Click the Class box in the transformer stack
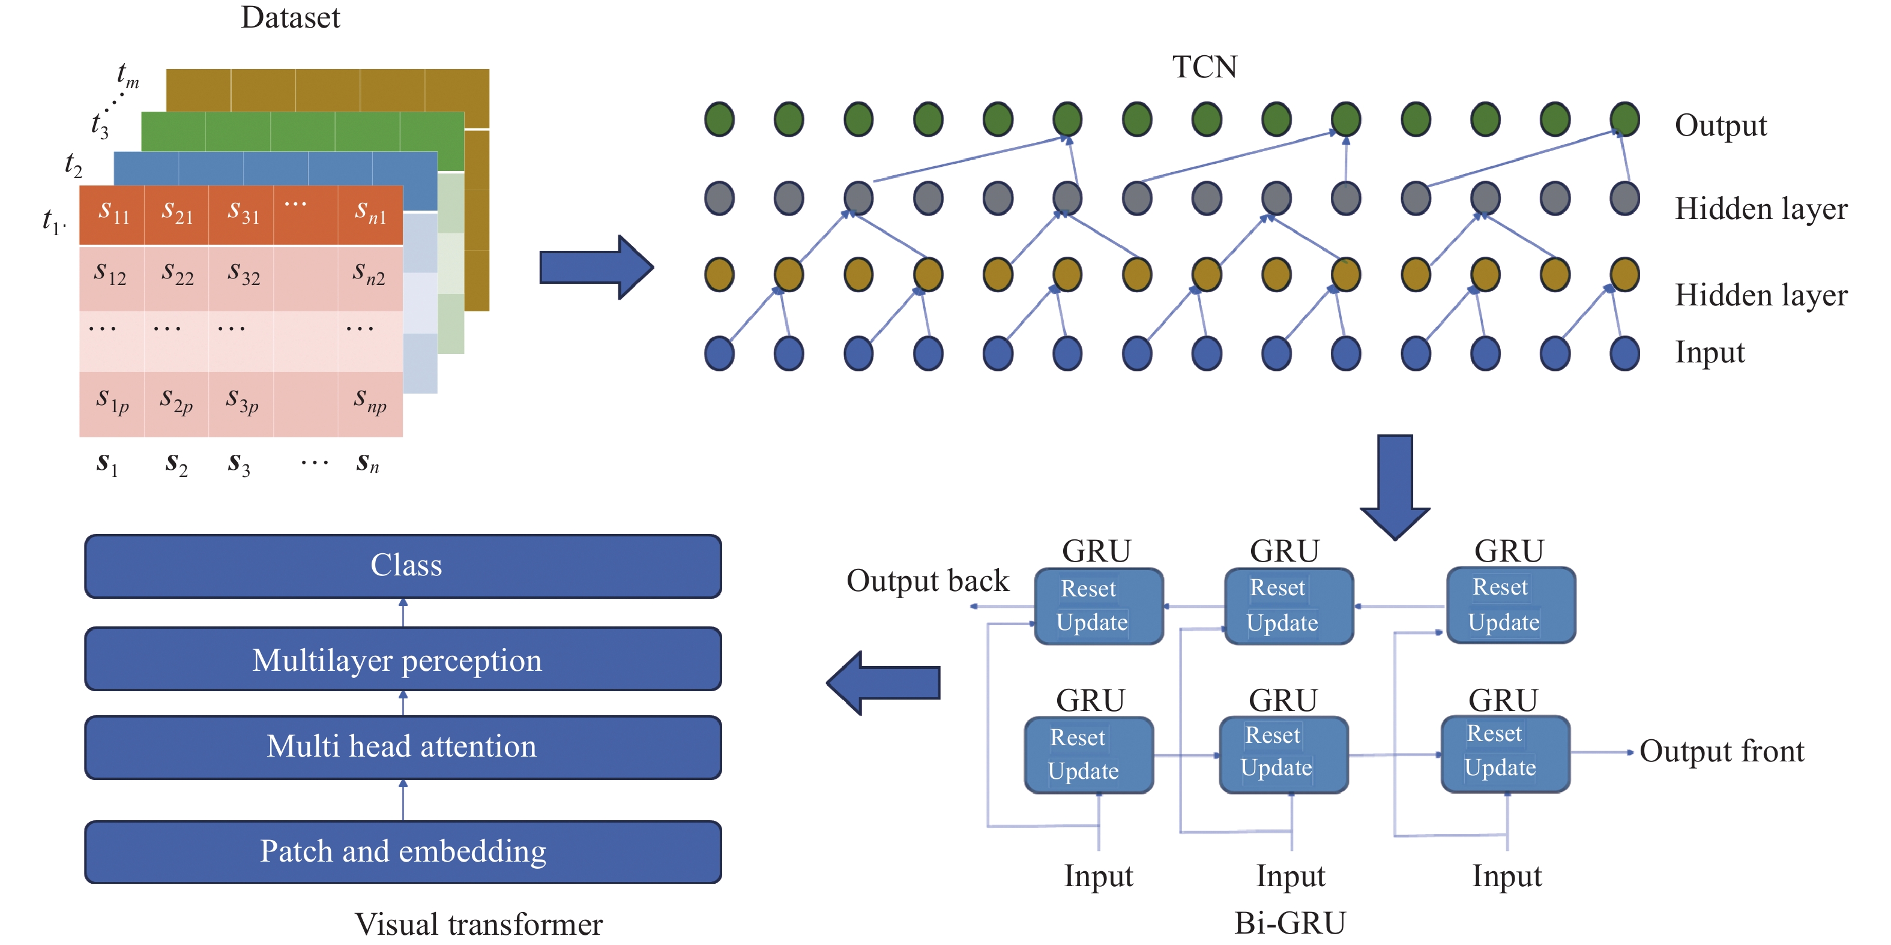pyautogui.click(x=403, y=566)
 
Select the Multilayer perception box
pyautogui.click(x=403, y=659)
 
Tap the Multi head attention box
pyautogui.click(x=403, y=747)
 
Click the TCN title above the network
pyautogui.click(x=1204, y=67)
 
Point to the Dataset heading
pyautogui.click(x=291, y=17)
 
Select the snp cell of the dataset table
pyautogui.click(x=370, y=401)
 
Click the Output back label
pyautogui.click(x=927, y=581)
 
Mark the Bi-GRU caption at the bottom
pyautogui.click(x=1290, y=923)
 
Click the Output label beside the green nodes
pyautogui.click(x=1721, y=125)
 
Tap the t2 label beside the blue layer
pyautogui.click(x=73, y=164)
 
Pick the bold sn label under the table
pyautogui.click(x=367, y=463)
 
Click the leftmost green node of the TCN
pyautogui.click(x=719, y=119)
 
